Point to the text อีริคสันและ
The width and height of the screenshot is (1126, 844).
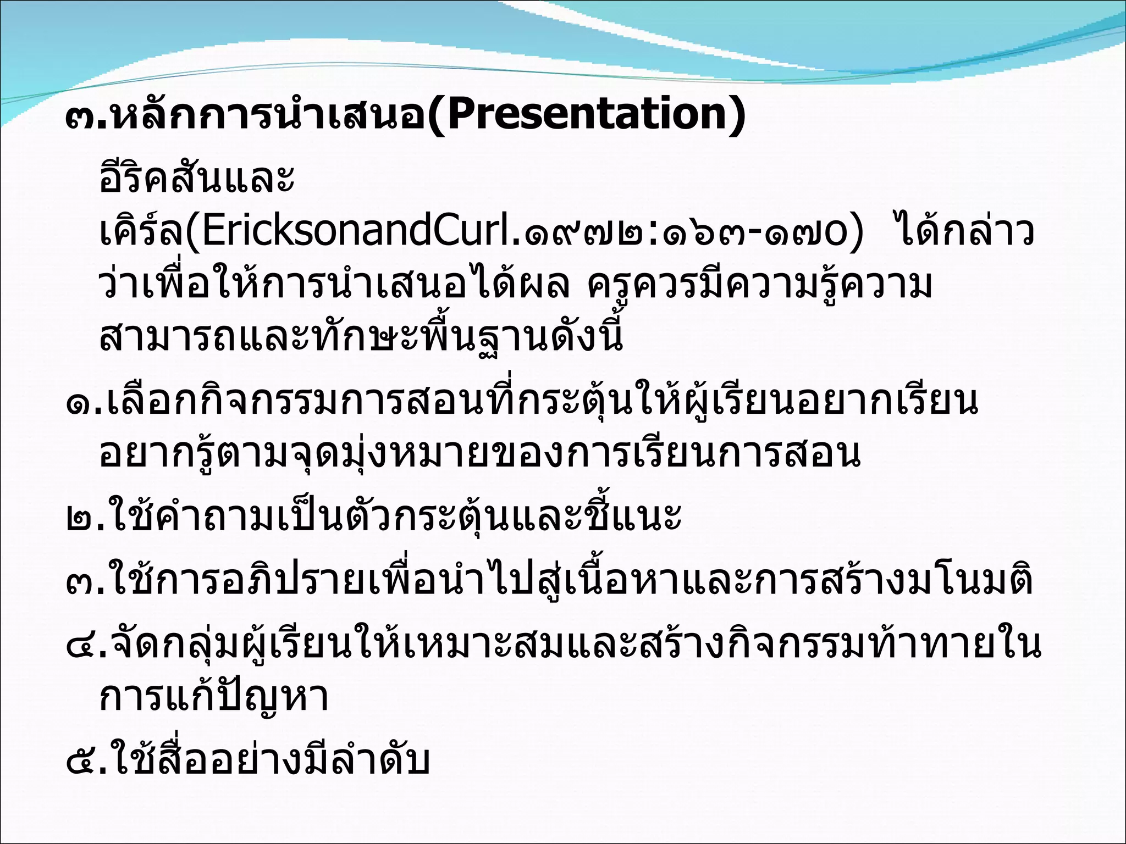tap(197, 179)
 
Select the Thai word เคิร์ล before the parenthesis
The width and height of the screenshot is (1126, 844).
tap(141, 232)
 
